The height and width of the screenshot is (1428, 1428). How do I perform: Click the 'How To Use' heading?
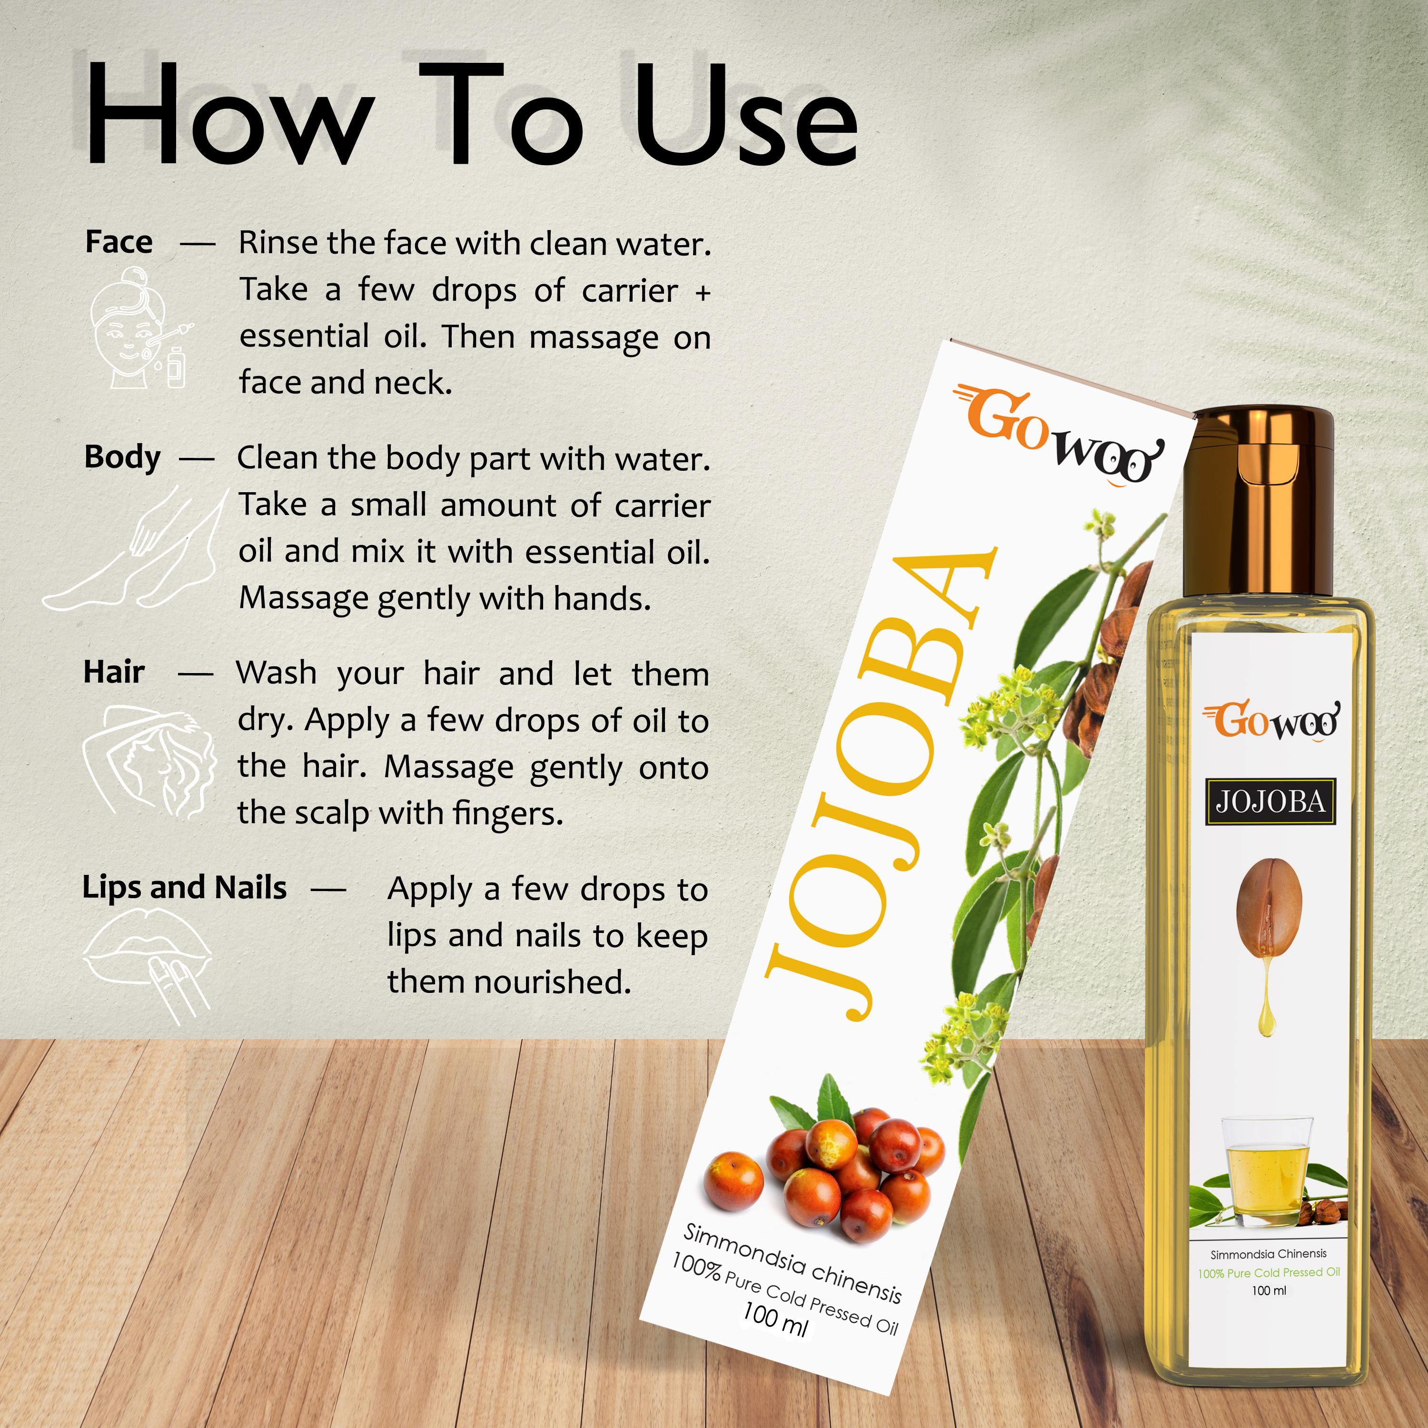(x=472, y=115)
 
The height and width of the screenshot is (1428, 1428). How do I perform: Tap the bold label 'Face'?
(x=119, y=242)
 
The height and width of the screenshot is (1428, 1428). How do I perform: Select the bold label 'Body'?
(x=122, y=457)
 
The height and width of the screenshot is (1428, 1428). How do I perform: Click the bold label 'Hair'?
(x=114, y=672)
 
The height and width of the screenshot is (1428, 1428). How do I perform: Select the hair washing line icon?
(x=148, y=761)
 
